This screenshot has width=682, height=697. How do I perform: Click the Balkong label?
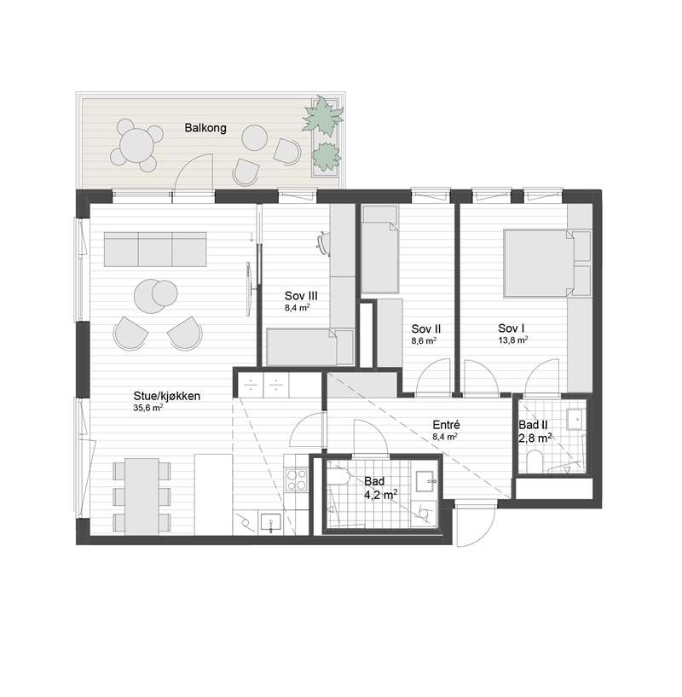tap(205, 129)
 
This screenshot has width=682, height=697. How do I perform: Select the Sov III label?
tap(301, 295)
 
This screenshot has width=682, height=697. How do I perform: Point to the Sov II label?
tap(425, 328)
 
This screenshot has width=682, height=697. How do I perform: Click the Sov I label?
tap(511, 328)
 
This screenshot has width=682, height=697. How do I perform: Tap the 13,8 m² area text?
tap(512, 340)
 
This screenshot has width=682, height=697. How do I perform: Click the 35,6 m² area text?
tap(148, 408)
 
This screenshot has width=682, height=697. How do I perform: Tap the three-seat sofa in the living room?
tap(156, 248)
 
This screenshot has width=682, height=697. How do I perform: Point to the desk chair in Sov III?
tap(323, 244)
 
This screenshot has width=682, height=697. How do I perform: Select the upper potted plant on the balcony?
tap(323, 115)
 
